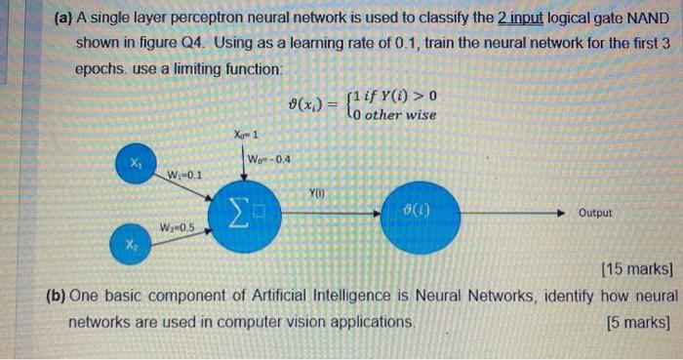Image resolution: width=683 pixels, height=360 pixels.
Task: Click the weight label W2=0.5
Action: (178, 228)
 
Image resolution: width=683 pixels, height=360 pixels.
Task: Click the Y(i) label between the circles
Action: (319, 192)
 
